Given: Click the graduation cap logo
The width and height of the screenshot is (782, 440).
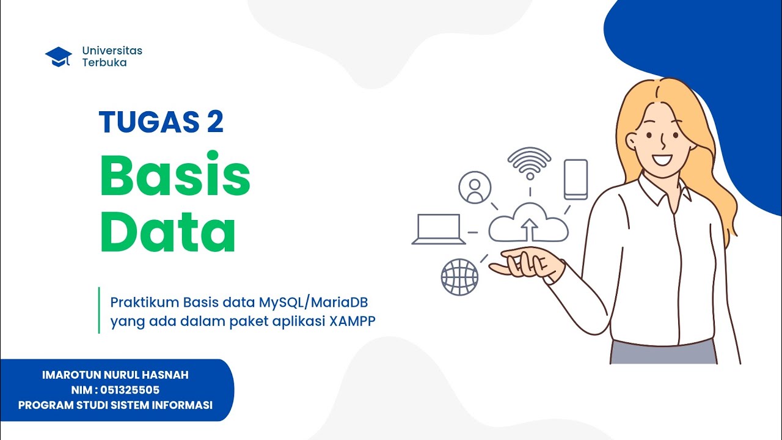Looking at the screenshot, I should tap(59, 56).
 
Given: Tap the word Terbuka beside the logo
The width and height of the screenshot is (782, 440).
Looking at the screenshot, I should tap(104, 62).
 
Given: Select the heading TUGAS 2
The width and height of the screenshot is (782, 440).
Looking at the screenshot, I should tap(161, 122).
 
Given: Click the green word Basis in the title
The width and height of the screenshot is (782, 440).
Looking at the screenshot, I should tap(175, 175).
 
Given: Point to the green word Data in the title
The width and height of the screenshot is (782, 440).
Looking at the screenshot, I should tap(167, 230).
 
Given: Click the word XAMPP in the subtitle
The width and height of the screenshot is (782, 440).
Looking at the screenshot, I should tap(352, 321).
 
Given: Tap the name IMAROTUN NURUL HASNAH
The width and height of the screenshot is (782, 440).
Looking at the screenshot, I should tap(115, 375).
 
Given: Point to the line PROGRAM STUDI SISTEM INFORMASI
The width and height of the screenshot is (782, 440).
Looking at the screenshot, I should tap(115, 405).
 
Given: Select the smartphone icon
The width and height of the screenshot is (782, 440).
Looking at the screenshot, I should tap(576, 179).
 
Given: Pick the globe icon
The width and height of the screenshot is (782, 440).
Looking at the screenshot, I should tap(459, 277).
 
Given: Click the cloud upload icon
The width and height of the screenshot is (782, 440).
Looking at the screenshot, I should tap(528, 224).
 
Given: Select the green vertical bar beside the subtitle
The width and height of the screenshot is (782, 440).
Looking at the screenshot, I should tap(99, 310).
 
